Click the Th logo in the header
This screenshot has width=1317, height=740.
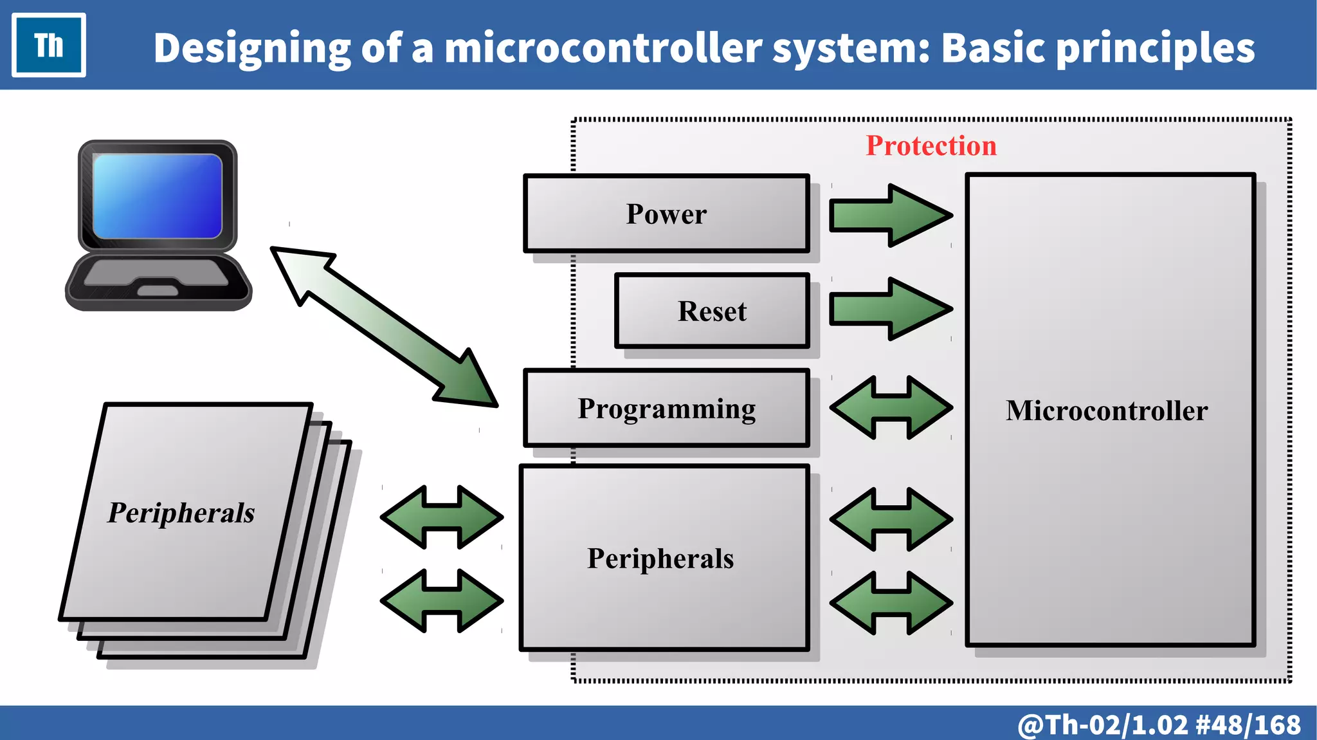49,45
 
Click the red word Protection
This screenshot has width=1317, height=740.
931,145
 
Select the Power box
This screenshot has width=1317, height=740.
666,214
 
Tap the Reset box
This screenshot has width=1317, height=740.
712,311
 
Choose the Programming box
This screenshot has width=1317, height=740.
666,409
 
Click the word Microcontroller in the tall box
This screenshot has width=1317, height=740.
1106,411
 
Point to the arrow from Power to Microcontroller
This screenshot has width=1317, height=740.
891,215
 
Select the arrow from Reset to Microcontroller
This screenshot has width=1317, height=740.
891,309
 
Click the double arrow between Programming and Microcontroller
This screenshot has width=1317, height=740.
891,408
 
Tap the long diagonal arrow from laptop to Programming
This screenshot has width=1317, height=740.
384,327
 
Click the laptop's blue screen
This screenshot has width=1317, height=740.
158,196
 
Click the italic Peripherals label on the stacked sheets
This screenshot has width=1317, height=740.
181,513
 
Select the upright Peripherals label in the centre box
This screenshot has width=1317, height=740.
660,559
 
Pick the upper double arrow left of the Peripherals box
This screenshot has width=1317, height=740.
442,517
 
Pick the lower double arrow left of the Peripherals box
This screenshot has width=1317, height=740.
442,601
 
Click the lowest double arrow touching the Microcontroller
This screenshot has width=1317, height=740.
891,603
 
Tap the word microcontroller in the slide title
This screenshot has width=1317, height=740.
603,48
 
